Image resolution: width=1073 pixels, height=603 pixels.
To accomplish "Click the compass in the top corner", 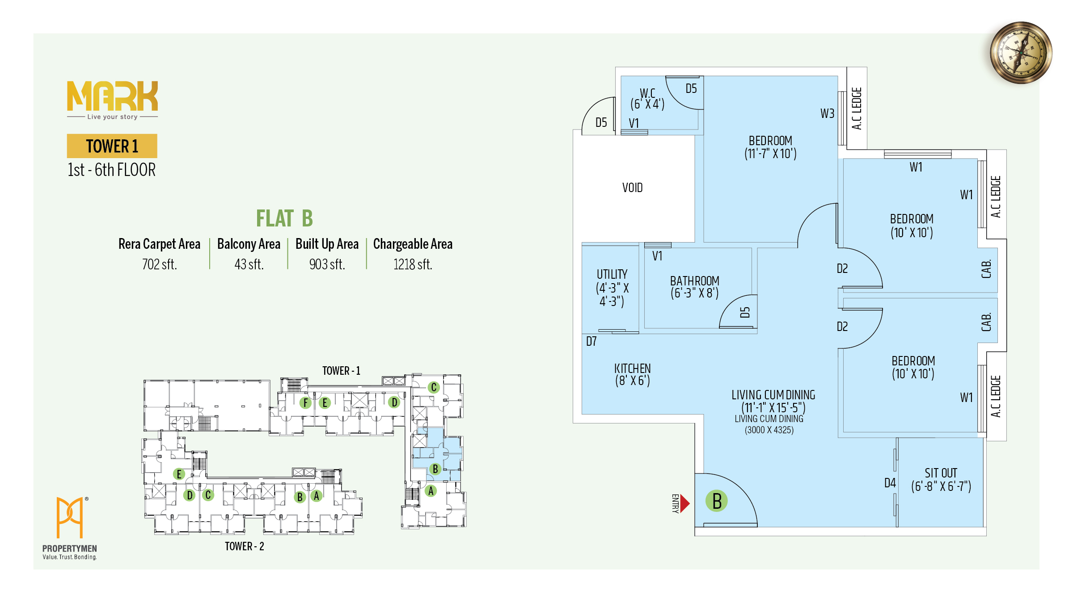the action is tap(1021, 53).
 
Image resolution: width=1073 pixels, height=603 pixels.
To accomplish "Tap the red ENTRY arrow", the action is tap(684, 503).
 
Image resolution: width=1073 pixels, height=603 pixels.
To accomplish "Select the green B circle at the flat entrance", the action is tap(717, 501).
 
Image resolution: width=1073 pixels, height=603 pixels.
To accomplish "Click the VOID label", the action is tap(632, 188).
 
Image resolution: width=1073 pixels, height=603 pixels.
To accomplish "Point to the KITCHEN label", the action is tap(632, 368).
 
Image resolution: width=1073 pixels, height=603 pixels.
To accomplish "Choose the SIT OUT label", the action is tap(941, 473).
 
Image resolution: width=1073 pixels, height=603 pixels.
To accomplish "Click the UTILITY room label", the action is tap(612, 274).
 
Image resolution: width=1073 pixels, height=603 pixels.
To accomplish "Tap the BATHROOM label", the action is tap(694, 281).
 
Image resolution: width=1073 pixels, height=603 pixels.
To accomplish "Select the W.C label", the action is tap(647, 93).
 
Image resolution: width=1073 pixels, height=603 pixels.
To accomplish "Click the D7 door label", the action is tap(591, 342).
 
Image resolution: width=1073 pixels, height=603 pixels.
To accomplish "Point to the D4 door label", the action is tap(890, 483).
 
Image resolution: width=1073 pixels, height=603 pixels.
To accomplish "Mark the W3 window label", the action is tap(827, 113).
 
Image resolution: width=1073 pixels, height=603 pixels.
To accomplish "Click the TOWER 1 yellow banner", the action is tap(112, 146).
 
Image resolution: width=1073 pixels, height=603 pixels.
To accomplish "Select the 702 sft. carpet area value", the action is tap(160, 264).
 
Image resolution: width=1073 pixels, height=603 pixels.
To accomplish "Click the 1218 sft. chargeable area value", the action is tap(413, 264).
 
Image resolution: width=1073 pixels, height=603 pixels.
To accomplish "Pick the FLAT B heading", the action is tap(284, 218).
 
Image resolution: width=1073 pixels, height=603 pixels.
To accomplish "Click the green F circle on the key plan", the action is tap(305, 402).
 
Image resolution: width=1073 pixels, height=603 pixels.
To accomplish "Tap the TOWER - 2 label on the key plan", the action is tap(244, 546).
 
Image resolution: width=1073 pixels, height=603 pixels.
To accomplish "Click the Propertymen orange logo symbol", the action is tap(70, 517).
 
